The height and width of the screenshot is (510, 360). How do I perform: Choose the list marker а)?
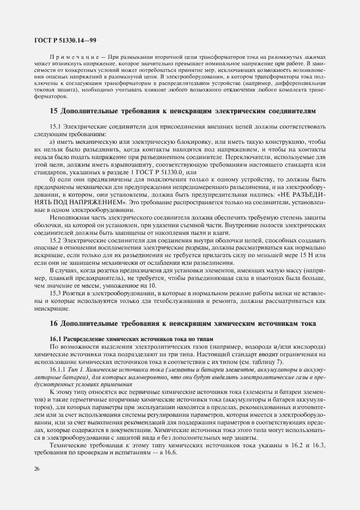tap(53, 141)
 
